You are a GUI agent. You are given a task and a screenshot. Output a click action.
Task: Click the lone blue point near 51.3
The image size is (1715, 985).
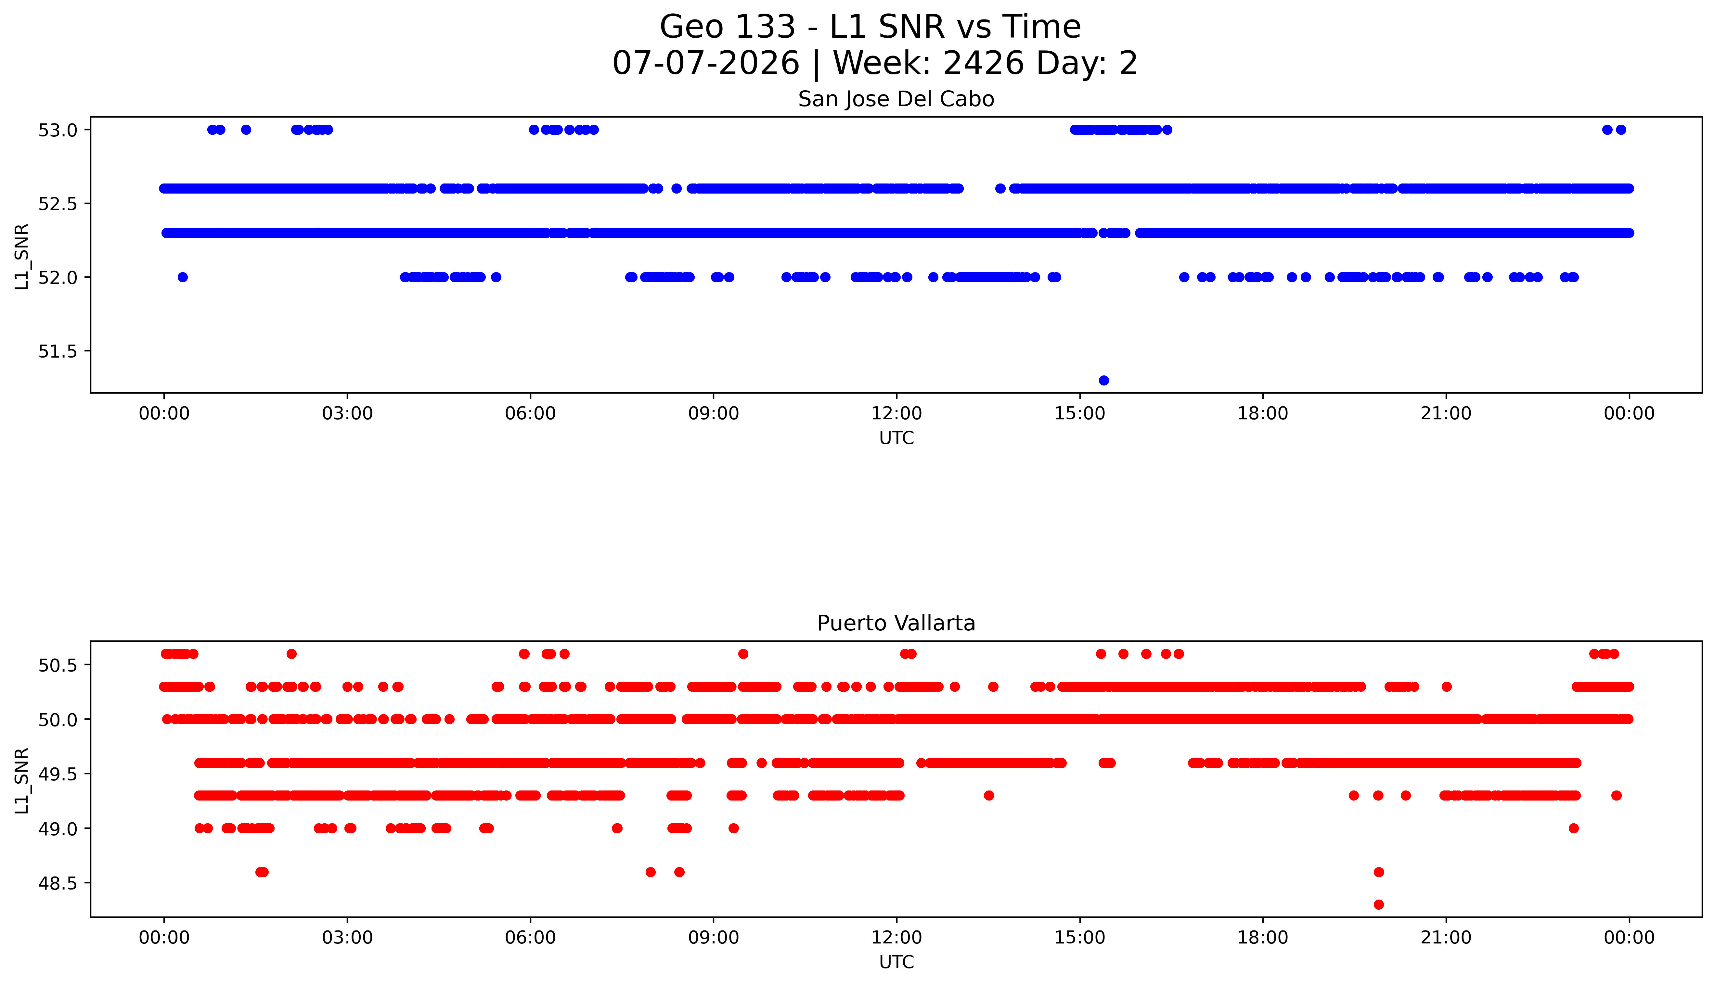(x=1104, y=380)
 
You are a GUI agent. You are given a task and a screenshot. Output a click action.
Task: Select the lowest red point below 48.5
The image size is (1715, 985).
(x=1379, y=904)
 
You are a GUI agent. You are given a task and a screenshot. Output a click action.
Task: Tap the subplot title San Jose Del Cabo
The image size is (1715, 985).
(x=896, y=99)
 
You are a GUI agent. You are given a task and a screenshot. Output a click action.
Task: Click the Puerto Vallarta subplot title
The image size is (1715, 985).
(x=896, y=623)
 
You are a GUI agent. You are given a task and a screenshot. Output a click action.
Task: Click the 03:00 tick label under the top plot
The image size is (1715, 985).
(x=347, y=413)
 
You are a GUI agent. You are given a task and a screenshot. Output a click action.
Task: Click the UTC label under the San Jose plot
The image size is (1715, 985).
(x=896, y=438)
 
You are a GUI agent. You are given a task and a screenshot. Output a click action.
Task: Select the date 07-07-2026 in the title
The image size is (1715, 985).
(x=706, y=64)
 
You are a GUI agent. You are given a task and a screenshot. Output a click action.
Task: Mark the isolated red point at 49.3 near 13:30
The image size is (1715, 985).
(x=989, y=796)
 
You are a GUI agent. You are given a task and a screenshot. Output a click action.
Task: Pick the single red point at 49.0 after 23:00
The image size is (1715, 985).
(x=1574, y=828)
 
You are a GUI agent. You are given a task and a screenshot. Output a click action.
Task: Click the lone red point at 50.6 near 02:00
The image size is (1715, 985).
(x=292, y=653)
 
